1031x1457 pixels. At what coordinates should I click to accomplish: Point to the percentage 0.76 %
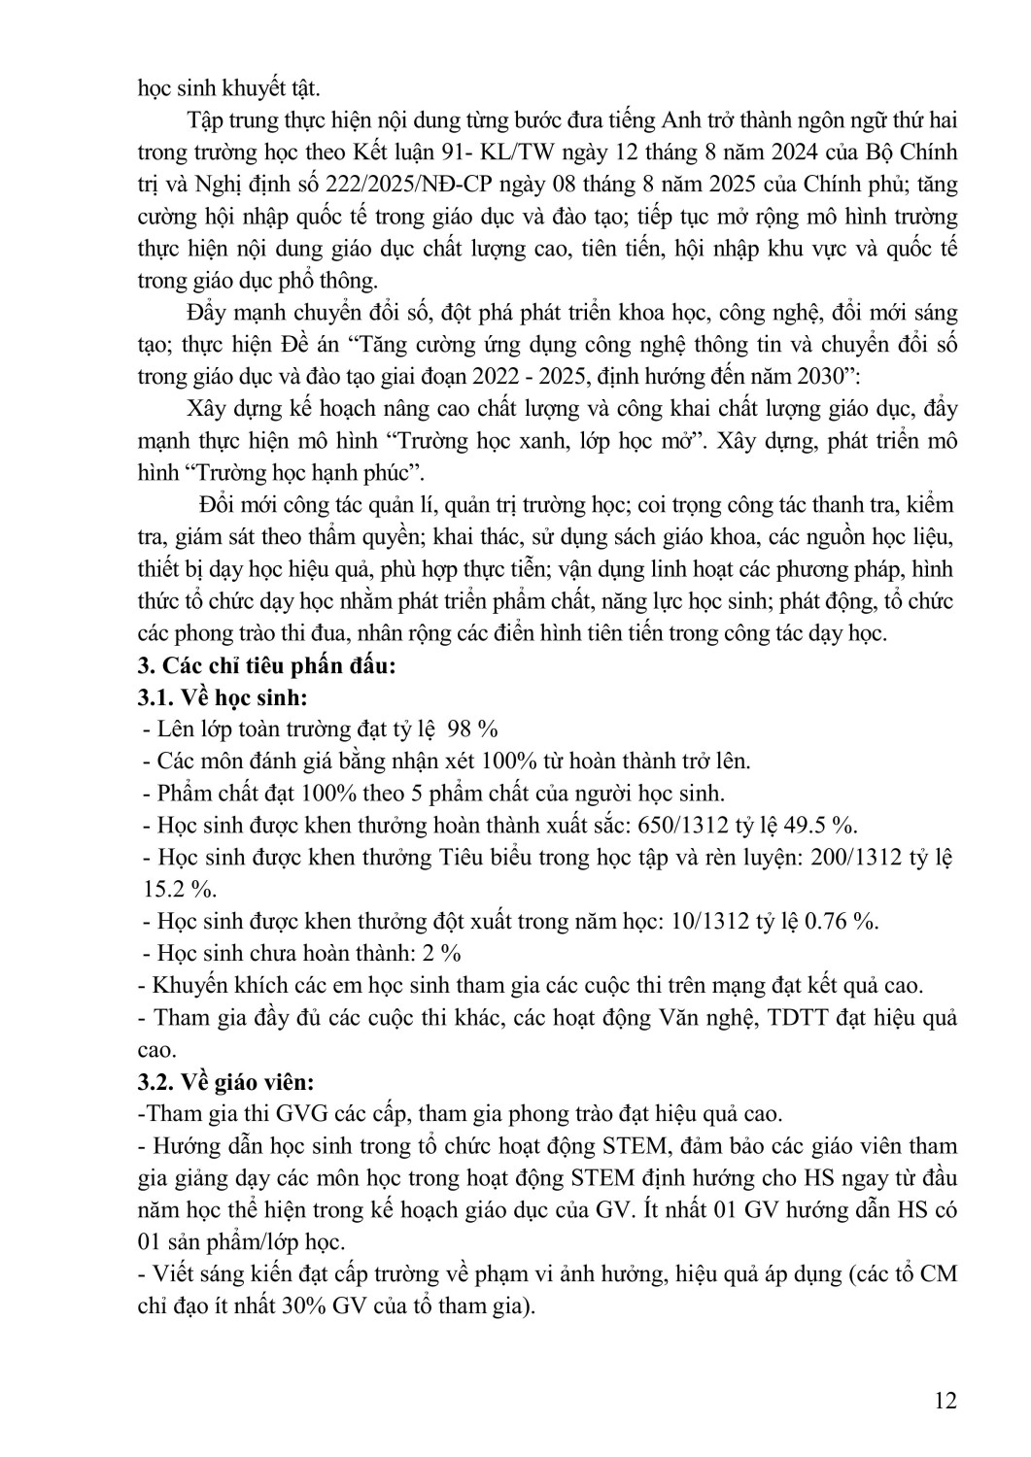[842, 921]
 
